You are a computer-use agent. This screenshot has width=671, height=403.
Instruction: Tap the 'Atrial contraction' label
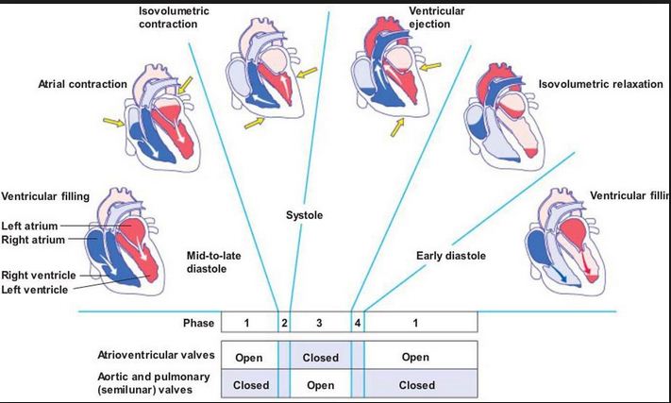(x=82, y=84)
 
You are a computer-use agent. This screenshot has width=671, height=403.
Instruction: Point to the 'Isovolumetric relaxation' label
(x=601, y=84)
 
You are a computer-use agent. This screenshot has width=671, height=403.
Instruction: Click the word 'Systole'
(x=304, y=216)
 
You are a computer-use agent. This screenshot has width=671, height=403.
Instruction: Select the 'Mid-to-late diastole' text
(x=213, y=261)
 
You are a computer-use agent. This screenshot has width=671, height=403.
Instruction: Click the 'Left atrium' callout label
(x=30, y=226)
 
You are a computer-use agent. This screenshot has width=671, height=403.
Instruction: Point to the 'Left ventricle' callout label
(x=34, y=289)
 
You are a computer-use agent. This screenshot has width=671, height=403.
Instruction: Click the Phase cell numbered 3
(x=319, y=323)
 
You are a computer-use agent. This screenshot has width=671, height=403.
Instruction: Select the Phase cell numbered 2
(x=284, y=323)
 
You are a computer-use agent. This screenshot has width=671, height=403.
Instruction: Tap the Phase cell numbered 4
(x=358, y=323)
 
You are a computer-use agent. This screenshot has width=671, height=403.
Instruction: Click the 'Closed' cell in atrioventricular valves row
(x=320, y=358)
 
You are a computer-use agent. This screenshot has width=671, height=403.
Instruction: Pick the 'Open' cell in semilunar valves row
(x=320, y=385)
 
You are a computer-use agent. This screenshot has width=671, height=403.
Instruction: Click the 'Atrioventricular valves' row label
(x=158, y=357)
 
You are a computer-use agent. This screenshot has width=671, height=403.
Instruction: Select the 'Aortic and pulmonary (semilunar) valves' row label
(x=158, y=385)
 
